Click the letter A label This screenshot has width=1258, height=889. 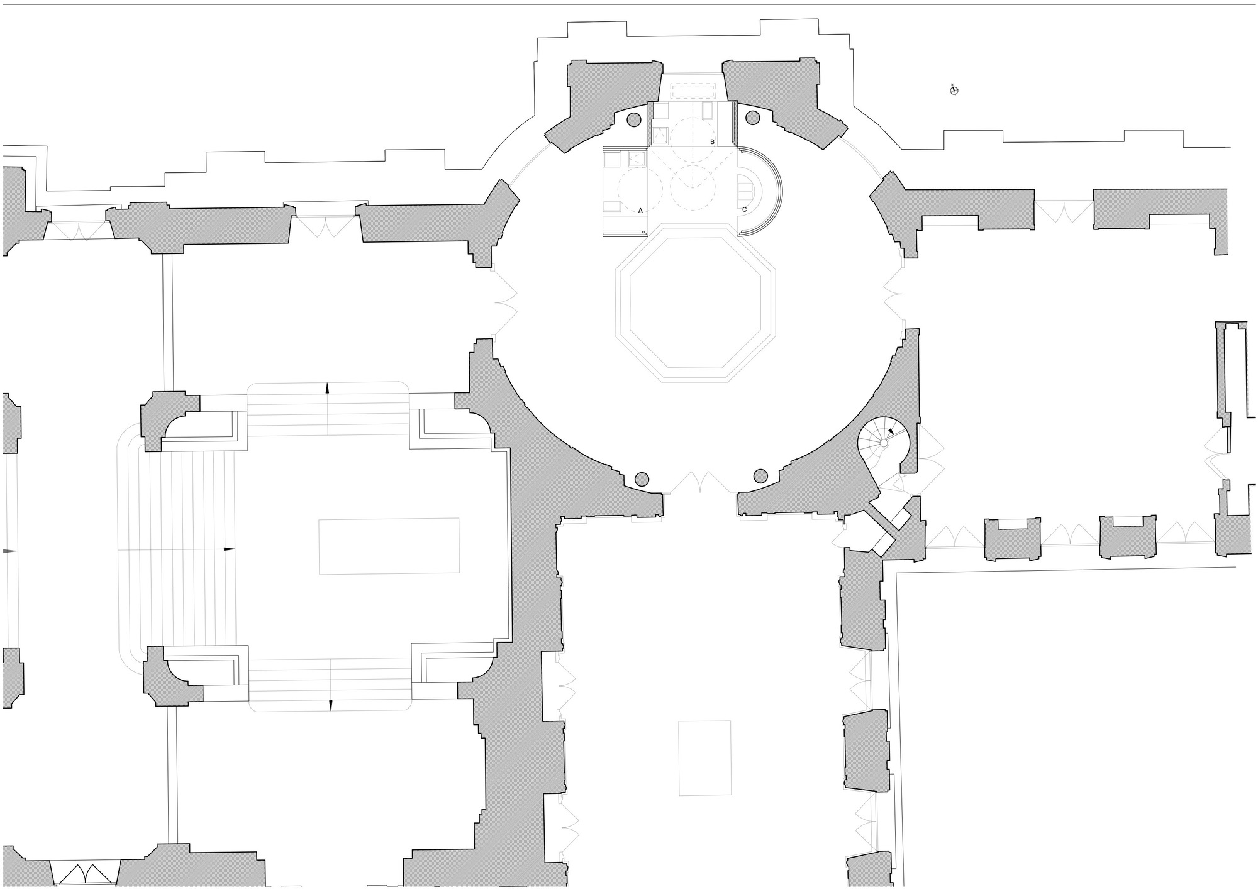(640, 211)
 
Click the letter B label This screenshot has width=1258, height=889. (712, 142)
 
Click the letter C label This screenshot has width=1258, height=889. (745, 209)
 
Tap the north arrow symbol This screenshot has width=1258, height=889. (954, 91)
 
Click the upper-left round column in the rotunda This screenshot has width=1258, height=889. (634, 119)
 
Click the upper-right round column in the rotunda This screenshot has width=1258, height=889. (752, 118)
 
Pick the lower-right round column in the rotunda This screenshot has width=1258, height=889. (760, 475)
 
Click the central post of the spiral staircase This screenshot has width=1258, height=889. (883, 443)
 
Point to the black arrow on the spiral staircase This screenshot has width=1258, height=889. (891, 432)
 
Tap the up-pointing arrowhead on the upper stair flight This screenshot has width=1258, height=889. (327, 388)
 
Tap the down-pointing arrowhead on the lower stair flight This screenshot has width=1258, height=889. (331, 705)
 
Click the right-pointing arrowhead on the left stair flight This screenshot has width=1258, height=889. (230, 549)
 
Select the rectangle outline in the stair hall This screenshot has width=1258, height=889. (389, 546)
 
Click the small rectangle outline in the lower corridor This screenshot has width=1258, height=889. (704, 758)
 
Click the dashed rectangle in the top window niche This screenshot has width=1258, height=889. (695, 89)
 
